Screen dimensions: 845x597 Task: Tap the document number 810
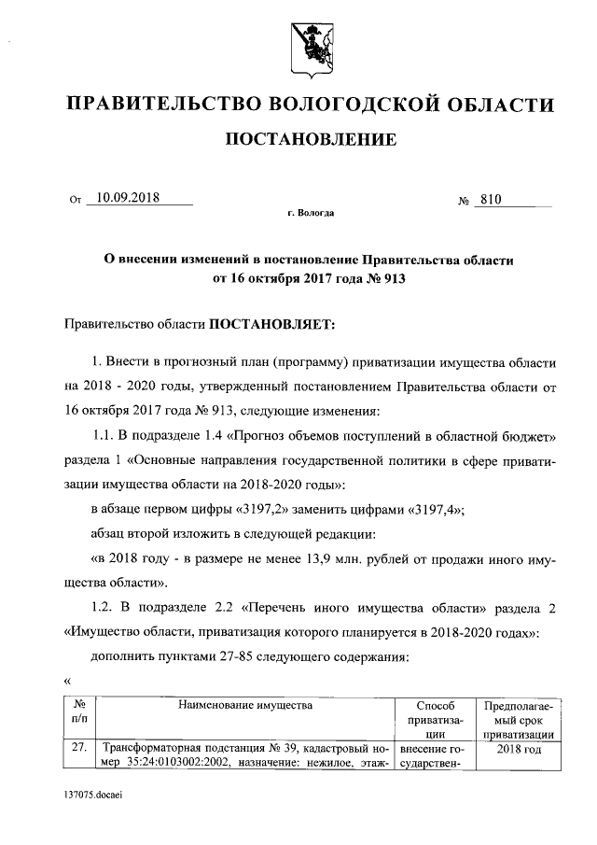pyautogui.click(x=492, y=198)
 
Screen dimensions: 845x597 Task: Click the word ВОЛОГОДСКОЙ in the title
pyautogui.click(x=340, y=104)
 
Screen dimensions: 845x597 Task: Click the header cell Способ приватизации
pyautogui.click(x=429, y=720)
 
